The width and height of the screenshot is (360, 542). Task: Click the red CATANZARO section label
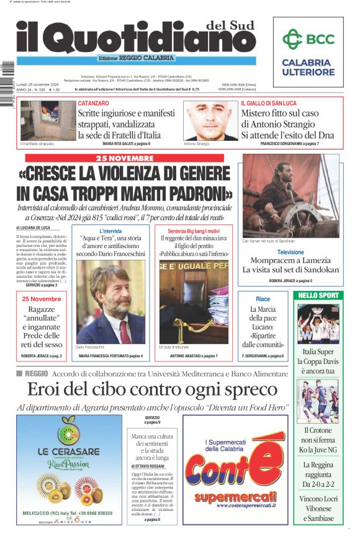pos(93,103)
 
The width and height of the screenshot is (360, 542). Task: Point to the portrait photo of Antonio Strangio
pos(202,121)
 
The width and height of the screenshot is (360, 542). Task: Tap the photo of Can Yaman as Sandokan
pos(290,195)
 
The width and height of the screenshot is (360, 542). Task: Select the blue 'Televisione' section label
pos(290,252)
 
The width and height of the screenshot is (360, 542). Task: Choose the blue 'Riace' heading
pos(263,300)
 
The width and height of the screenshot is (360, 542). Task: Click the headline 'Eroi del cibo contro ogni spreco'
pos(152,390)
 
